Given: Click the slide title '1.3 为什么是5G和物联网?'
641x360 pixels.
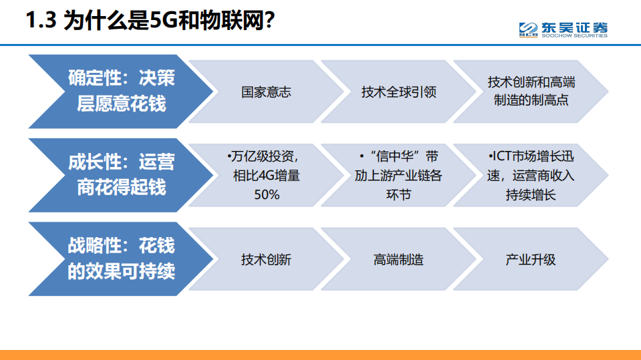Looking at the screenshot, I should pos(150,21).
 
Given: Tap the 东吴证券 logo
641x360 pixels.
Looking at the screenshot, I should pos(563,29).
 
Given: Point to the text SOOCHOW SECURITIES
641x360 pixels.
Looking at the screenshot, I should pos(574,36).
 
